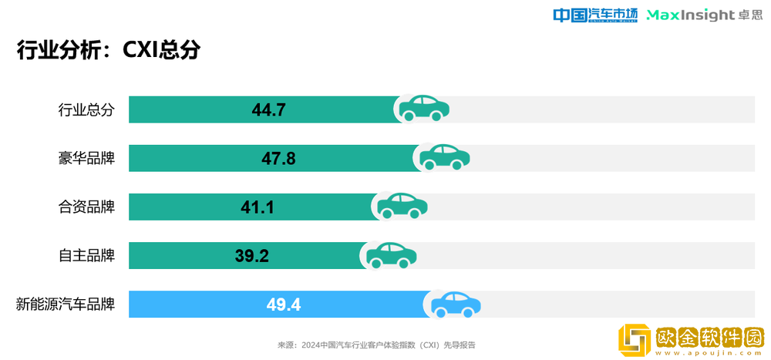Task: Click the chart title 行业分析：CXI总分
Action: pyautogui.click(x=109, y=49)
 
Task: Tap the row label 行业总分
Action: pyautogui.click(x=86, y=109)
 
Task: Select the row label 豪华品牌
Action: pyautogui.click(x=86, y=158)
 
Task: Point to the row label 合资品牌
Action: pyautogui.click(x=86, y=207)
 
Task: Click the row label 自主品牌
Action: pyautogui.click(x=86, y=255)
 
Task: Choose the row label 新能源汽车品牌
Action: pyautogui.click(x=66, y=304)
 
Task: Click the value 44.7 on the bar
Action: pyautogui.click(x=269, y=109)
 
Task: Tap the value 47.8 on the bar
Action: pyautogui.click(x=278, y=158)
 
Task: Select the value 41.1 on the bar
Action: pyautogui.click(x=258, y=207)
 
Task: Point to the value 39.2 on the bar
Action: pyautogui.click(x=251, y=255)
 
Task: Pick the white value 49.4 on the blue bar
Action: pyautogui.click(x=284, y=304)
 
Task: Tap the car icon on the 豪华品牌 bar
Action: pyautogui.click(x=445, y=156)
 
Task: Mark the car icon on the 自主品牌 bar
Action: pyautogui.click(x=392, y=254)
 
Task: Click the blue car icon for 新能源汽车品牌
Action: pyautogui.click(x=456, y=303)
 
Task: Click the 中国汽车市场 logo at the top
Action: pyautogui.click(x=596, y=15)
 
